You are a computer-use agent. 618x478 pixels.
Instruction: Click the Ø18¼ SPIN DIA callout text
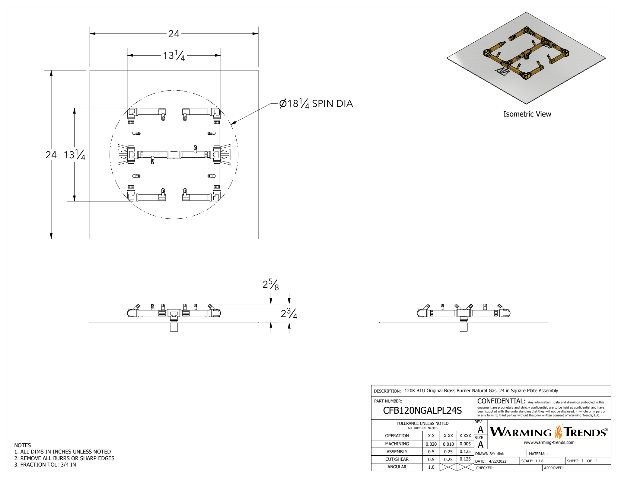316,104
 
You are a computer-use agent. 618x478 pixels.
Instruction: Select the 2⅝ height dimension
271,284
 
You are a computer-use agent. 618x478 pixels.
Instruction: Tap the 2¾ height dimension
289,313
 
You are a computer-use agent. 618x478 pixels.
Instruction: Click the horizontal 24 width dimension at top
174,34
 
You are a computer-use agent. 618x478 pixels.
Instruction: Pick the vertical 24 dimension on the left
51,155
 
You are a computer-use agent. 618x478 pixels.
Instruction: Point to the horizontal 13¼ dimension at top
174,56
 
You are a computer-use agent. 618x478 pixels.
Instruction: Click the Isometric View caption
527,114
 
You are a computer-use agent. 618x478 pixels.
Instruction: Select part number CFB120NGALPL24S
422,410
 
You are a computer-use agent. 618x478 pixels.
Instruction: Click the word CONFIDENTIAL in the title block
501,401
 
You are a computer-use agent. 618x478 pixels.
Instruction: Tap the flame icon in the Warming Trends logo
559,432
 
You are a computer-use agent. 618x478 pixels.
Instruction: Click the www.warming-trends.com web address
549,442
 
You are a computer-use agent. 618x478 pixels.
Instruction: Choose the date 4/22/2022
498,461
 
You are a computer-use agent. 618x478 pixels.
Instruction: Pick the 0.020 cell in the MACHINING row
431,444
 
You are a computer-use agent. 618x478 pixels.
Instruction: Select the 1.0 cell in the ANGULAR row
431,467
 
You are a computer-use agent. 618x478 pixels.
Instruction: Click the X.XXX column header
465,436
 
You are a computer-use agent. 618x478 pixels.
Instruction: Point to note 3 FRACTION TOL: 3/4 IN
45,465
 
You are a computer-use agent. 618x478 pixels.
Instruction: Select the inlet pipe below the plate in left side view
174,327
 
